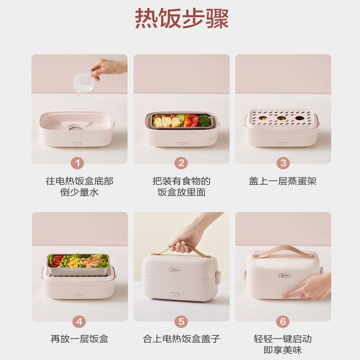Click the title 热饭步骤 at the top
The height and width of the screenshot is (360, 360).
(x=182, y=18)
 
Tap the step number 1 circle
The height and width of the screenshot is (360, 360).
(x=77, y=163)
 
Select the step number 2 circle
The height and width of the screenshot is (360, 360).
(x=181, y=163)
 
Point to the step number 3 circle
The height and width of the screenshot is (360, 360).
(x=283, y=163)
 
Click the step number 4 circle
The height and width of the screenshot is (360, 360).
(x=79, y=321)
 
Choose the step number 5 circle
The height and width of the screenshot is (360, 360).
(x=181, y=321)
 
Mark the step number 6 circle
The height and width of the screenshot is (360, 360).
(x=283, y=321)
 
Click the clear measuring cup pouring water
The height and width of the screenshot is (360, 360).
(x=84, y=83)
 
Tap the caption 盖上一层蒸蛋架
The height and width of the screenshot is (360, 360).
(x=283, y=181)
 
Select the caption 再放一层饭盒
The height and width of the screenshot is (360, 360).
(x=80, y=339)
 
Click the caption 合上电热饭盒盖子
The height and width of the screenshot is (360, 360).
(x=181, y=339)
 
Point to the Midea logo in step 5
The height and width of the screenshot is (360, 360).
(x=175, y=269)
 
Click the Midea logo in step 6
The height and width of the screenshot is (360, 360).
(x=284, y=275)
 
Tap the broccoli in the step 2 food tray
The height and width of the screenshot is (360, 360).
(x=204, y=121)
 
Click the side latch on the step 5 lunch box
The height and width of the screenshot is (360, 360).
(x=218, y=277)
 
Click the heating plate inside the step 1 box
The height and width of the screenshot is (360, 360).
(x=76, y=126)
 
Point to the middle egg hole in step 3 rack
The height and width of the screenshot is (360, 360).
(x=281, y=118)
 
